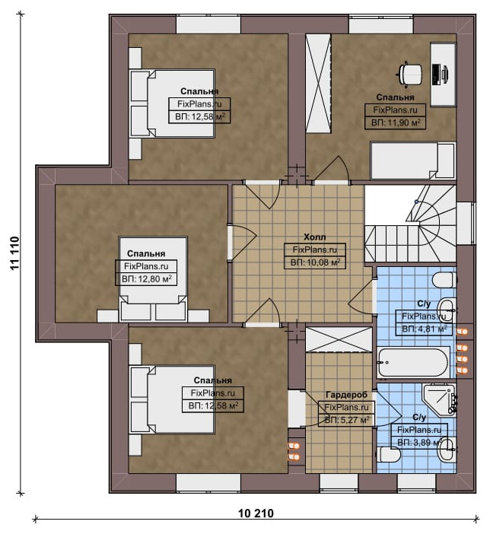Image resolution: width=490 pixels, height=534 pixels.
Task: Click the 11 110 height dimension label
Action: tap(14, 253)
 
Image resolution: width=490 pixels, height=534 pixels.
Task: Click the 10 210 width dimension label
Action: tap(256, 513)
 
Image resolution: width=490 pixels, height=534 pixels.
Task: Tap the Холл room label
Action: tap(314, 237)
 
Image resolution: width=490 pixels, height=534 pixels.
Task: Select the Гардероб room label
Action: tap(346, 395)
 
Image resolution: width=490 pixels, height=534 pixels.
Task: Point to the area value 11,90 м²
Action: tap(396, 122)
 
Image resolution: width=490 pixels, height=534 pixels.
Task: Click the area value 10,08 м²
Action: tap(315, 262)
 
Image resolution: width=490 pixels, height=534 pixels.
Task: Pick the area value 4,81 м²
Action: tap(425, 329)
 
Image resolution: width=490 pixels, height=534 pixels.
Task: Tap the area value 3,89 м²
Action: tap(420, 443)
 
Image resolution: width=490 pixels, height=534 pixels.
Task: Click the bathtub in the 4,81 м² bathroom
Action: tap(413, 362)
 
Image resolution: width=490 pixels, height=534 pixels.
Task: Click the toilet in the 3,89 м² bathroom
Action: tap(389, 454)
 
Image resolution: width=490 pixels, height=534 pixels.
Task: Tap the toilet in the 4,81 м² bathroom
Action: tap(444, 280)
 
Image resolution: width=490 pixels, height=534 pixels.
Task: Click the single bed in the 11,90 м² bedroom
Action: tap(412, 161)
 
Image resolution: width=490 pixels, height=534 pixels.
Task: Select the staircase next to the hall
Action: tap(410, 224)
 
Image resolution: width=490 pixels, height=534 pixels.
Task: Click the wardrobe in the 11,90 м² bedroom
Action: tap(318, 84)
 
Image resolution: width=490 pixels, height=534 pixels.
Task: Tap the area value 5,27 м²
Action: tap(347, 420)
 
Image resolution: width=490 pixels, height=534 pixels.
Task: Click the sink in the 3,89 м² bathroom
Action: tap(447, 450)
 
